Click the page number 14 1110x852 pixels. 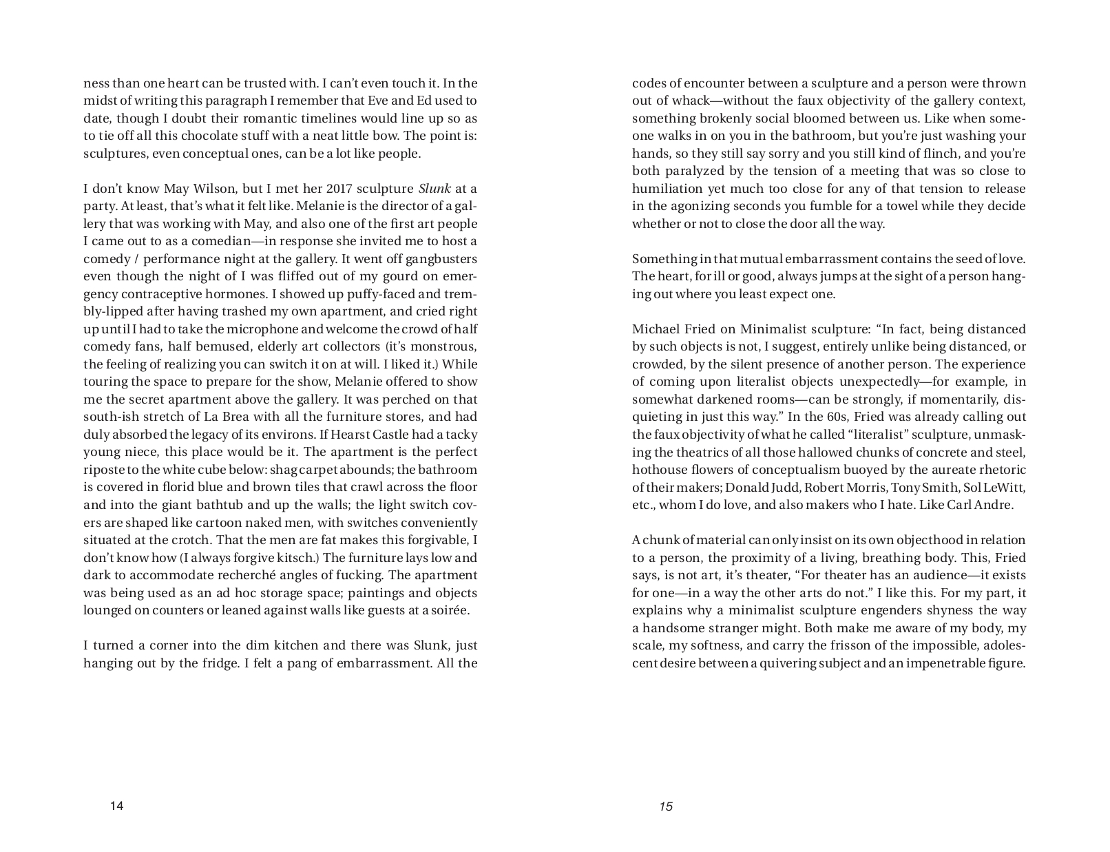[116, 806]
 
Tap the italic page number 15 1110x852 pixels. [665, 806]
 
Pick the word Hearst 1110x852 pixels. [340, 435]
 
